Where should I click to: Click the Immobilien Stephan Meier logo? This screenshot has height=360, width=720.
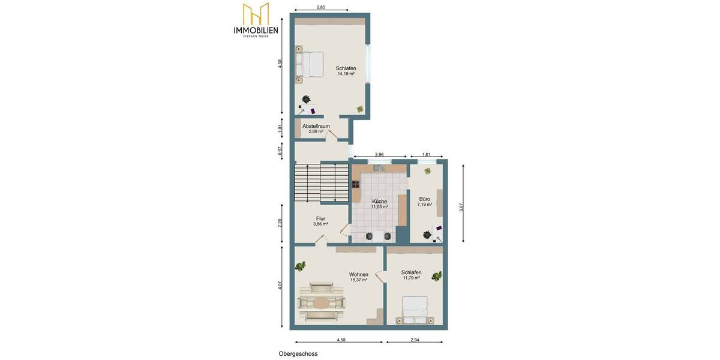[x=256, y=20]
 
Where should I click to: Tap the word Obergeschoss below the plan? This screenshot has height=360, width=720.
[x=298, y=354]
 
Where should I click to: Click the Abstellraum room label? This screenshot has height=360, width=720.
[x=316, y=126]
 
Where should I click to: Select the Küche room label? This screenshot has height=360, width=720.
[x=379, y=202]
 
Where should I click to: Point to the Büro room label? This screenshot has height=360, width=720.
[x=425, y=199]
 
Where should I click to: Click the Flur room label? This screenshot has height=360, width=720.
[x=320, y=219]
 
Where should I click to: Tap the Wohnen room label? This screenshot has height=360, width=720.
[x=359, y=275]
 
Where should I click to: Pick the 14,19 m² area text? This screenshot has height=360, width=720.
[x=346, y=74]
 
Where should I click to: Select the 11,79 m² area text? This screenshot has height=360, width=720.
[x=411, y=278]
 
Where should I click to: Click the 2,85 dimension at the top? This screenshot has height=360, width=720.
[x=321, y=7]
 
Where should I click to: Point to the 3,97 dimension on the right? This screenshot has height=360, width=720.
[x=461, y=207]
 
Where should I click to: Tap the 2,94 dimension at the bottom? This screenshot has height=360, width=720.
[x=415, y=340]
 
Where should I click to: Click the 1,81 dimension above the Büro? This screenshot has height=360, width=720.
[x=426, y=154]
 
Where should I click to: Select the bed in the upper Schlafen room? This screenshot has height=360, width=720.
[x=309, y=64]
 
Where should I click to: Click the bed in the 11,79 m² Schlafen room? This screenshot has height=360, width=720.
[x=415, y=310]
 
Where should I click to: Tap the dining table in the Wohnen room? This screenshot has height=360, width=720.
[x=322, y=303]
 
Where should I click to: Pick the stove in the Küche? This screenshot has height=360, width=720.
[x=356, y=184]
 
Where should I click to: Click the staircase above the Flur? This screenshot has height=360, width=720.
[x=321, y=183]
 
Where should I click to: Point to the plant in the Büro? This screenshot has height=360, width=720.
[x=427, y=171]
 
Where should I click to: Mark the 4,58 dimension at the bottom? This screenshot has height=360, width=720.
[x=341, y=340]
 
